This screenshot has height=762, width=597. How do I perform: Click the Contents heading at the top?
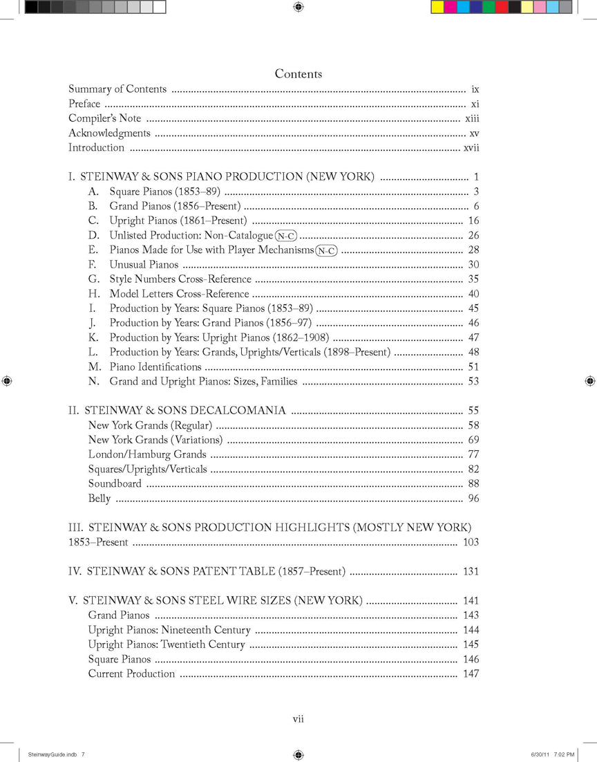click(x=298, y=74)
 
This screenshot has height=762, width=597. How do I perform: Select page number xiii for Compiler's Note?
click(x=472, y=118)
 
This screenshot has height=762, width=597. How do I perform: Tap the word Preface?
click(x=84, y=104)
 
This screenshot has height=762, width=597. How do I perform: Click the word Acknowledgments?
click(x=109, y=133)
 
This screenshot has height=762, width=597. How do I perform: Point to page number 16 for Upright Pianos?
click(x=473, y=221)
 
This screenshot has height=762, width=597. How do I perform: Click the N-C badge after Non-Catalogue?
click(x=286, y=236)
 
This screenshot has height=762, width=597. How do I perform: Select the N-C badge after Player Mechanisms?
click(x=326, y=250)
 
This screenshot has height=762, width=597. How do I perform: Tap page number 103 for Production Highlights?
click(x=471, y=542)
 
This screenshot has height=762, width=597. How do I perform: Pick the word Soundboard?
click(x=115, y=484)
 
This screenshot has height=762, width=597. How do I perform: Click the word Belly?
click(x=99, y=499)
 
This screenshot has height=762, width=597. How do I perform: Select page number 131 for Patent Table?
click(x=471, y=572)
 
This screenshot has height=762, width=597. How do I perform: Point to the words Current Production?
click(x=131, y=674)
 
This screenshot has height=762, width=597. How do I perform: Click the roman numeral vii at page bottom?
click(x=298, y=719)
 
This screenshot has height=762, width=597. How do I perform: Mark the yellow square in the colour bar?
click(x=437, y=8)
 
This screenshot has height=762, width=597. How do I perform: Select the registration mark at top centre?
click(x=298, y=7)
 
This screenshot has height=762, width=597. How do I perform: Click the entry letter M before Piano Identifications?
click(x=95, y=367)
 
